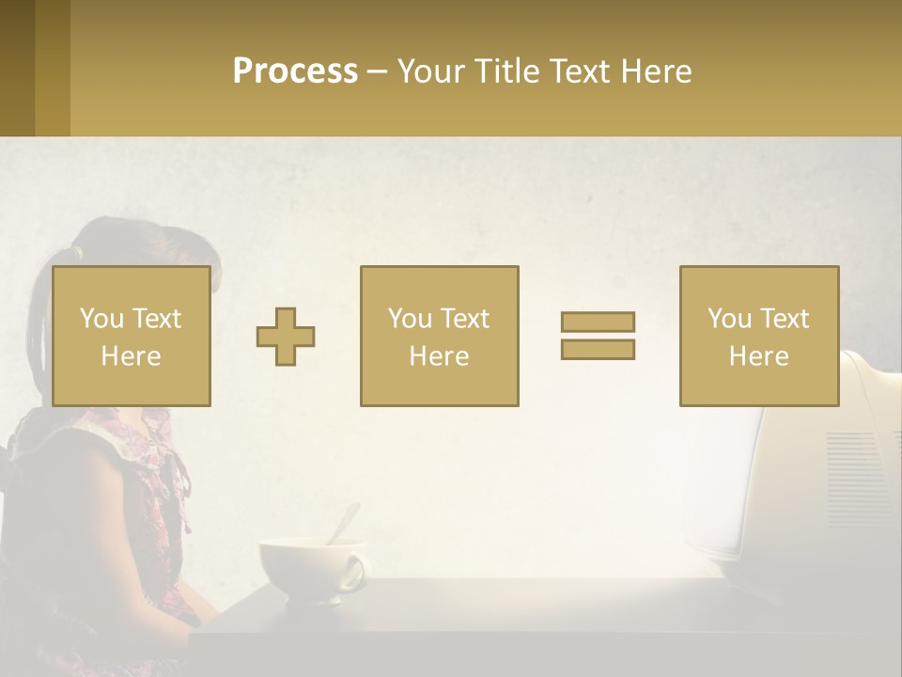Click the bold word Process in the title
(x=295, y=71)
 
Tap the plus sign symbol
(x=286, y=337)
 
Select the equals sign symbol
(x=598, y=336)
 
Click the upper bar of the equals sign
(x=598, y=322)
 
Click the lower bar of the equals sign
(x=598, y=350)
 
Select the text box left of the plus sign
(x=131, y=336)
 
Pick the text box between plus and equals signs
(x=439, y=336)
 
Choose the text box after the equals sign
(x=758, y=336)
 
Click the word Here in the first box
(x=131, y=356)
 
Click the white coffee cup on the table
(x=305, y=569)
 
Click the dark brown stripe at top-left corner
(x=17, y=68)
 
